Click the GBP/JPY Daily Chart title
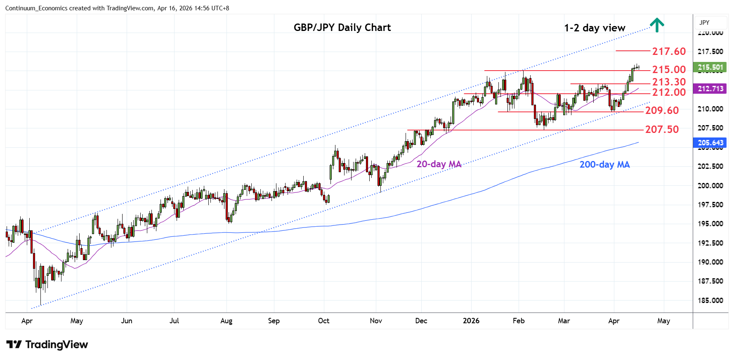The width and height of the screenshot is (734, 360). (x=342, y=28)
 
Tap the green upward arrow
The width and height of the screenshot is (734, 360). (x=657, y=25)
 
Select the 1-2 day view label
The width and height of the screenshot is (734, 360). (x=595, y=28)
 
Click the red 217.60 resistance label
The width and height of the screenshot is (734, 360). (x=668, y=51)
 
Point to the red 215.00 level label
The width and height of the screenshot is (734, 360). (x=668, y=69)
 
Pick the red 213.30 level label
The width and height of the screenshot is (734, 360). (x=668, y=82)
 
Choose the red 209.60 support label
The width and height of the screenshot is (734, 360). (x=662, y=111)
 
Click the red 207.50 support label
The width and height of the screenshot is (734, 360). (x=662, y=130)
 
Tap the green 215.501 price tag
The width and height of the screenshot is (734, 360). (x=710, y=67)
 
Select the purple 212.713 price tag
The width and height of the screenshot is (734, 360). (x=710, y=89)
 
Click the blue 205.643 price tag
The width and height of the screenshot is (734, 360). (x=710, y=143)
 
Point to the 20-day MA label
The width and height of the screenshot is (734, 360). (x=439, y=164)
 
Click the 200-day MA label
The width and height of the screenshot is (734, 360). (x=604, y=165)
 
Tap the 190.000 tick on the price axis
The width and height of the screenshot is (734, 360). (x=710, y=262)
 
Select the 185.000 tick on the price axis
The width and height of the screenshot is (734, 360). (x=710, y=301)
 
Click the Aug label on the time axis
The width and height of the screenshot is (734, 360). (x=226, y=321)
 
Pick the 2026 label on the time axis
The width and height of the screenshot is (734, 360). (x=471, y=321)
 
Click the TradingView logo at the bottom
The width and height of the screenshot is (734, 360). (x=47, y=345)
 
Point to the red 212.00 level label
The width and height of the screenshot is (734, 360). (x=668, y=92)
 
